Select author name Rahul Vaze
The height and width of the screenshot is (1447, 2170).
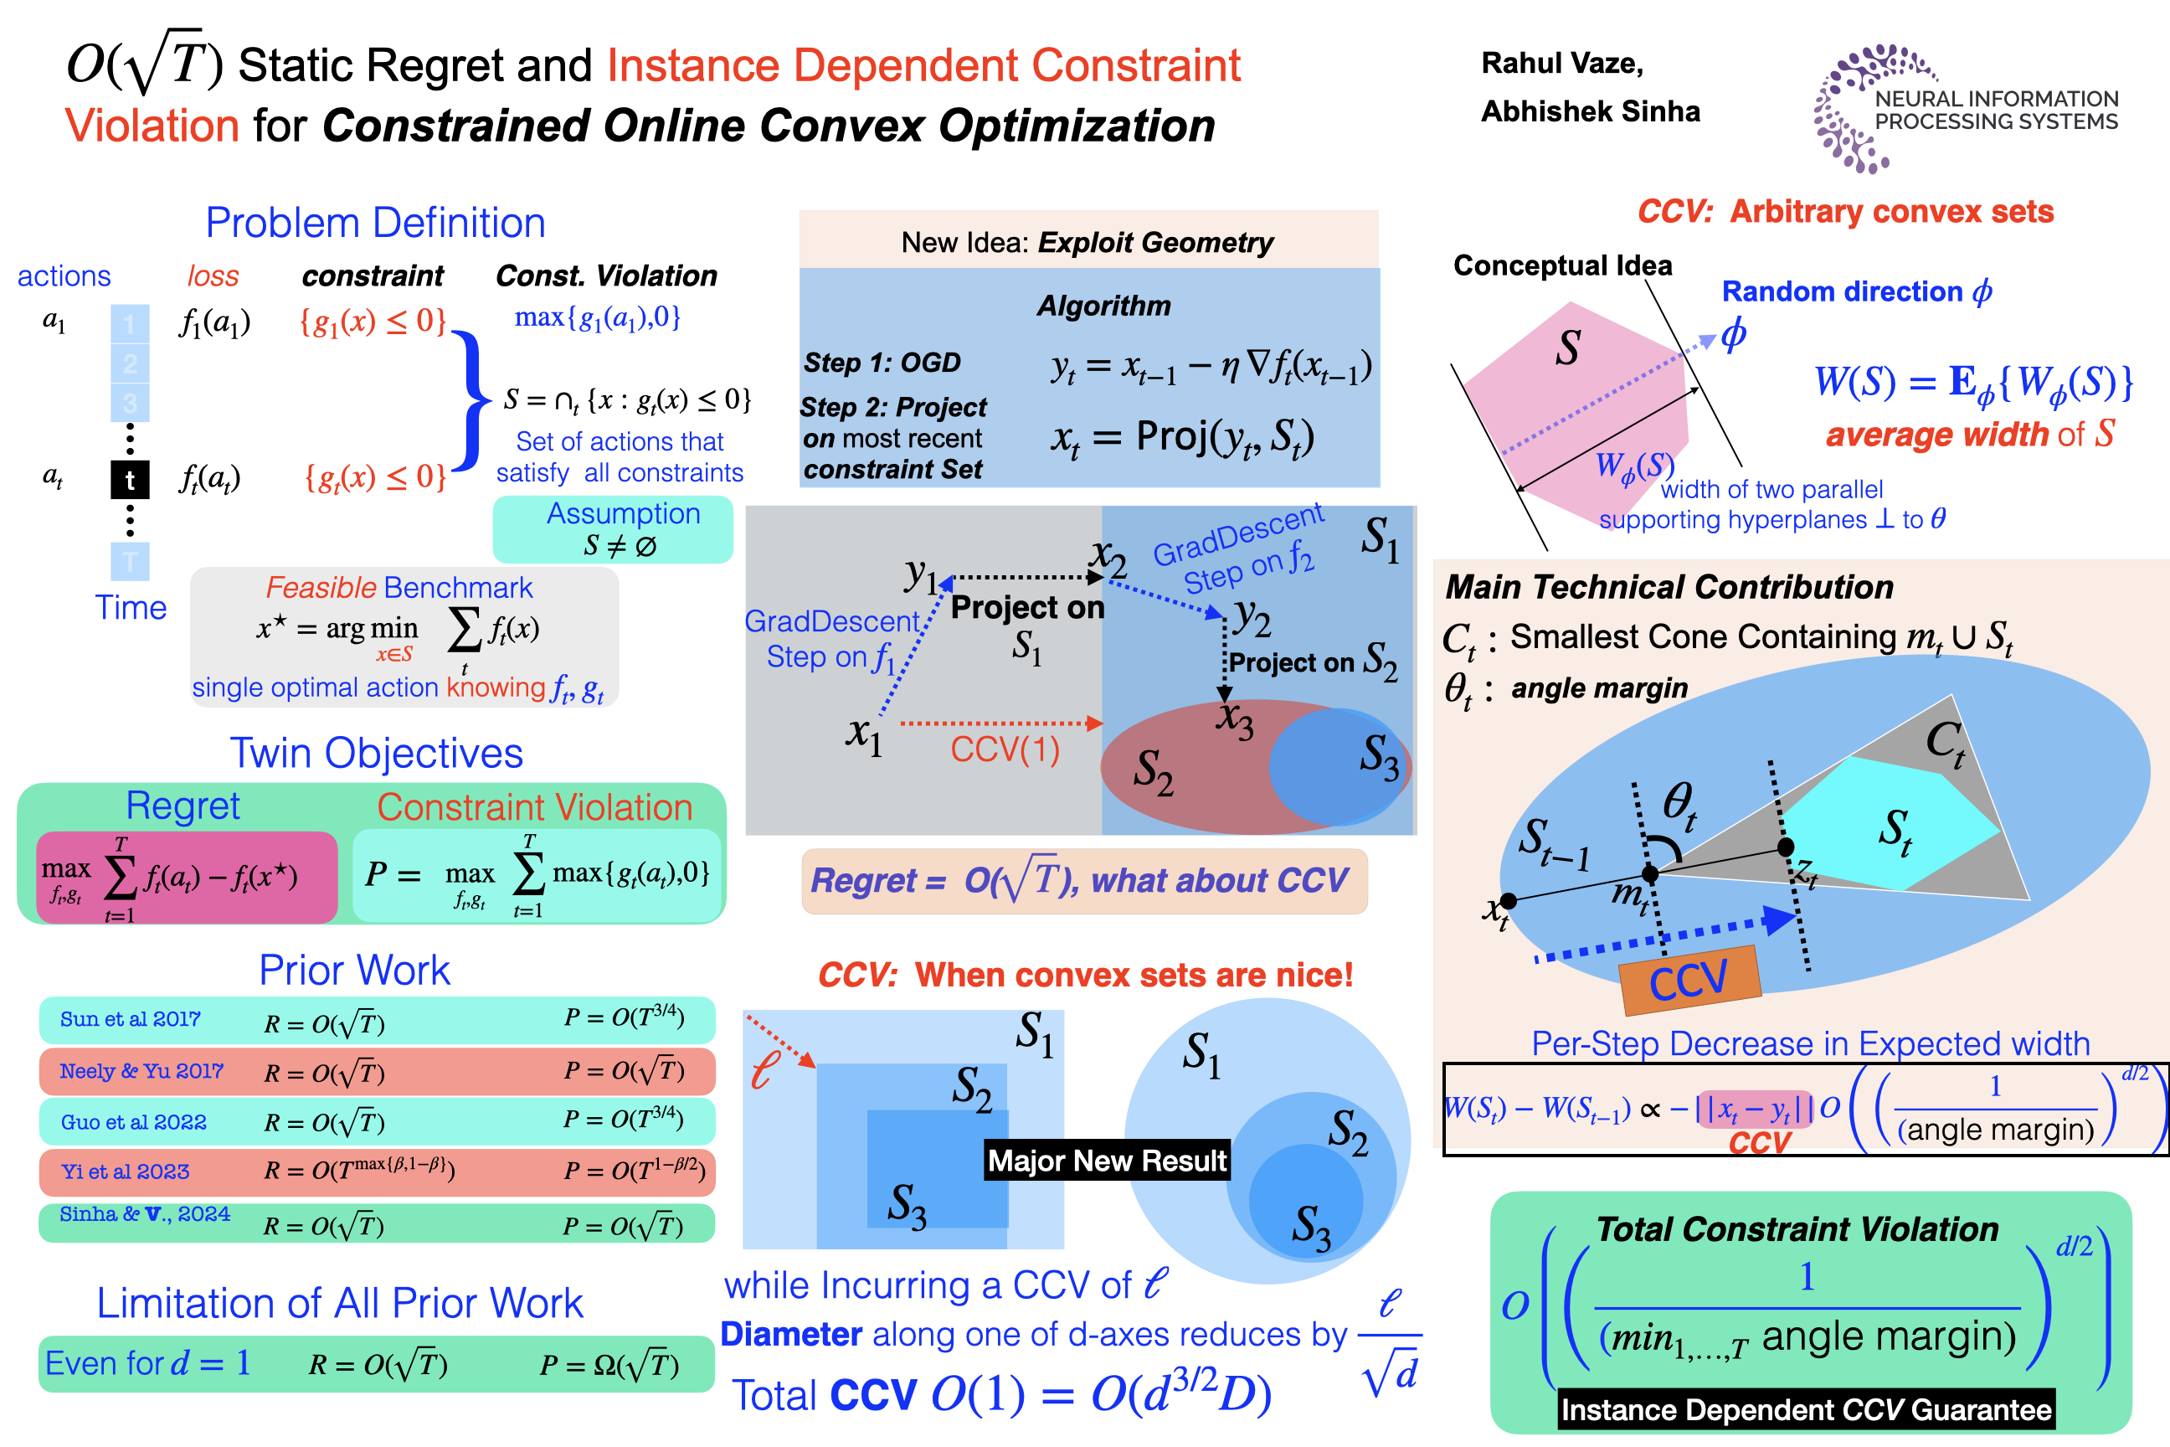(x=1561, y=63)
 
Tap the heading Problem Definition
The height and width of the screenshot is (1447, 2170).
(x=376, y=224)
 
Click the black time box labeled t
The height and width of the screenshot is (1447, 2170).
(x=130, y=480)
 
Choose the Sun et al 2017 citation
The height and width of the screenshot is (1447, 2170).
(x=130, y=1019)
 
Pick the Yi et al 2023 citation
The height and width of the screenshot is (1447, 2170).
(x=125, y=1171)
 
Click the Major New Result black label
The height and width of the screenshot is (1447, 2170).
(x=1107, y=1160)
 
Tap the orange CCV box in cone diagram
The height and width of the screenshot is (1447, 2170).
(x=1689, y=978)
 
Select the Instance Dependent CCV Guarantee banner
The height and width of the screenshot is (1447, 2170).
(x=1806, y=1410)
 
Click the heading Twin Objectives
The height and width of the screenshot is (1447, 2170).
(x=377, y=753)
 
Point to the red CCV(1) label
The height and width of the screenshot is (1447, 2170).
(x=1005, y=749)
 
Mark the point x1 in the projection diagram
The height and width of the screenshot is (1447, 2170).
(x=865, y=734)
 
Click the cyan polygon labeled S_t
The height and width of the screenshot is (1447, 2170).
(x=1882, y=826)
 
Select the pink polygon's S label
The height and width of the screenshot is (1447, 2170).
(x=1567, y=348)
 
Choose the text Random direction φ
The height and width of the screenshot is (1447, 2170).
(x=1856, y=291)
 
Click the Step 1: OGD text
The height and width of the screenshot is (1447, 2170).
(x=882, y=363)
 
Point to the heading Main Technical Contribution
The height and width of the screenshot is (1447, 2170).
(x=1669, y=587)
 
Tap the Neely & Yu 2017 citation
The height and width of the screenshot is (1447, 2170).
(x=141, y=1070)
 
